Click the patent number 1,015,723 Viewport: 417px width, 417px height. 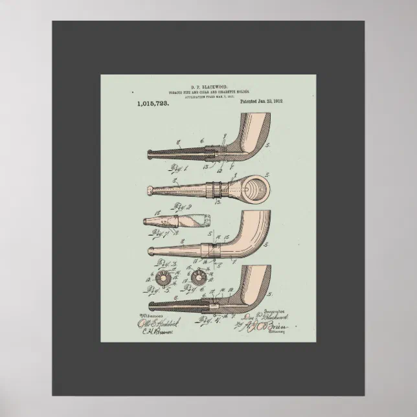(153, 103)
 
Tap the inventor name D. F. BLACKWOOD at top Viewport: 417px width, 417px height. (208, 86)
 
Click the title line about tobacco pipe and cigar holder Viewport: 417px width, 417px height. (208, 91)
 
